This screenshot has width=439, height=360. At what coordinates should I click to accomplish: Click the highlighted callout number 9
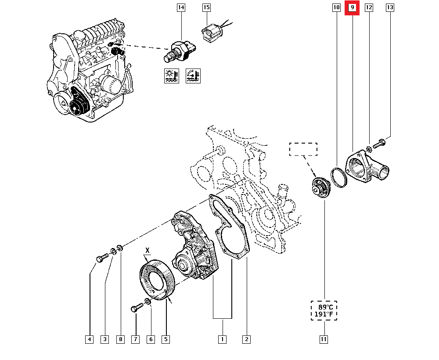pyautogui.click(x=352, y=8)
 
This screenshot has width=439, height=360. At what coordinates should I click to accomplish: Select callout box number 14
pyautogui.click(x=181, y=8)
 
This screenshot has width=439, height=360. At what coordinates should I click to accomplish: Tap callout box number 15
pyautogui.click(x=206, y=8)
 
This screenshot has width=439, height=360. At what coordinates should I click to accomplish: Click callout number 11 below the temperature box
pyautogui.click(x=324, y=339)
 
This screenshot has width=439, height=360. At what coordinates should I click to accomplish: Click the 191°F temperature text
pyautogui.click(x=324, y=314)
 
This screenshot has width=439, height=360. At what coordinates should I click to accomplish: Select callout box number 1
pyautogui.click(x=223, y=339)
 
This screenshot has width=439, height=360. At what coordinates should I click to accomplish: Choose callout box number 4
pyautogui.click(x=90, y=339)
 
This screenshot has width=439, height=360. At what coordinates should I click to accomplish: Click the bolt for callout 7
pyautogui.click(x=136, y=308)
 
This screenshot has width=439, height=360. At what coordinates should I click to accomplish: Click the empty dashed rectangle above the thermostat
pyautogui.click(x=303, y=149)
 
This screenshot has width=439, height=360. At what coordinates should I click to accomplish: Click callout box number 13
pyautogui.click(x=390, y=8)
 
